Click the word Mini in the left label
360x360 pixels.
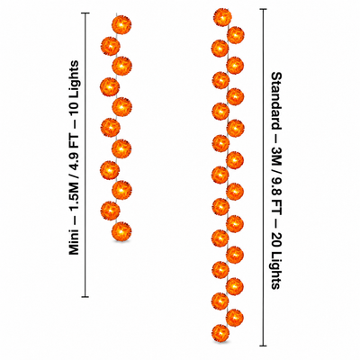pyautogui.click(x=74, y=241)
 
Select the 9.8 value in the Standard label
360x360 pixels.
pyautogui.click(x=276, y=180)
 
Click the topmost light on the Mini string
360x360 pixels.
pyautogui.click(x=121, y=24)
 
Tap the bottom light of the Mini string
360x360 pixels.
pyautogui.click(x=121, y=231)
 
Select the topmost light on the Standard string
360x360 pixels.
pyautogui.click(x=222, y=17)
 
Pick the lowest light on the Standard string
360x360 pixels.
pyautogui.click(x=220, y=333)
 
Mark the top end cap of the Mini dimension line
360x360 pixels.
pyautogui.click(x=85, y=13)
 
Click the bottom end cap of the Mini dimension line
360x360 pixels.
pyautogui.click(x=85, y=297)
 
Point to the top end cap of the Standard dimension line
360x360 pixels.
pyautogui.click(x=263, y=9)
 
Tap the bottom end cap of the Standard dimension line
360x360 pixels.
pyautogui.click(x=263, y=346)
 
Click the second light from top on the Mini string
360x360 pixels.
pyautogui.click(x=111, y=46)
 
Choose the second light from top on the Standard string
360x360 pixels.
pyautogui.click(x=236, y=34)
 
